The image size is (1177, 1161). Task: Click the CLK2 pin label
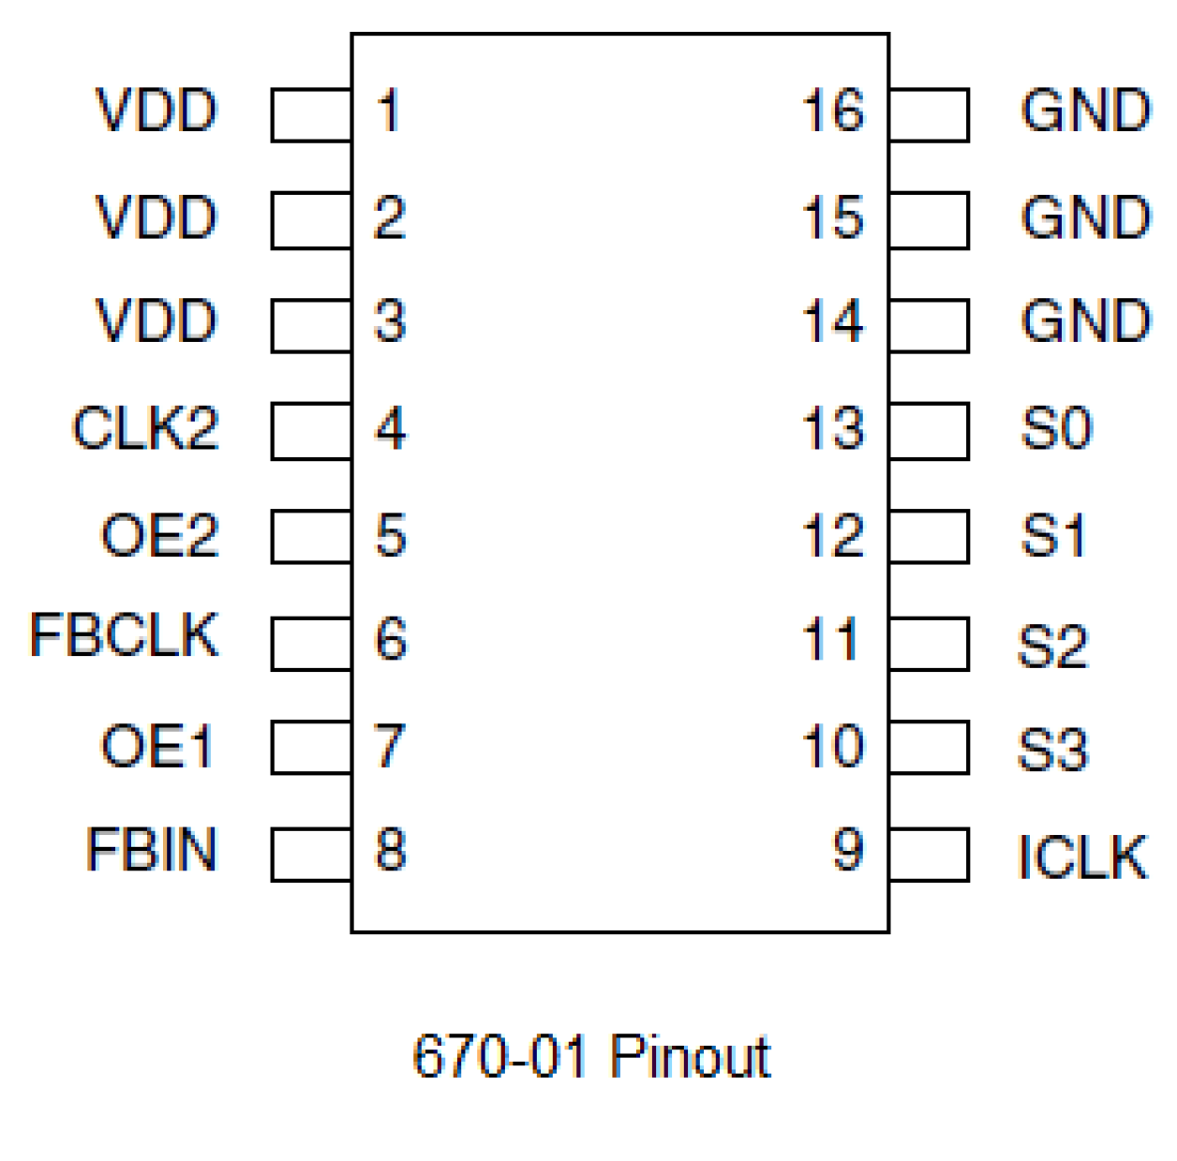[145, 429]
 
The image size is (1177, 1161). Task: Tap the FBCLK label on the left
[124, 635]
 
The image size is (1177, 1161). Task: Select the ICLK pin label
[1082, 856]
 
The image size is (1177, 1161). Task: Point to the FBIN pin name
[151, 850]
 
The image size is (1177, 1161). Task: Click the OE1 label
[157, 747]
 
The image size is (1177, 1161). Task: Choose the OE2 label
[159, 536]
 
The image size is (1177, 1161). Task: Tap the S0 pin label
[1056, 429]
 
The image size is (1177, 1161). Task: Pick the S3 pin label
[1053, 750]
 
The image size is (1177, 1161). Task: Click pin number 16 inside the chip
[832, 111]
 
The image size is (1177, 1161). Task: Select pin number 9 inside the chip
[847, 850]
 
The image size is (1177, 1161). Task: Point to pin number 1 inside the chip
[388, 111]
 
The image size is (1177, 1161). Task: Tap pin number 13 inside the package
[832, 429]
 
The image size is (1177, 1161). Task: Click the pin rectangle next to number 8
[311, 855]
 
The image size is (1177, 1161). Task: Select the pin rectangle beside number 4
[311, 431]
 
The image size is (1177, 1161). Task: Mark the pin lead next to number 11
[929, 644]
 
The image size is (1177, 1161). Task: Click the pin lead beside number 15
[929, 220]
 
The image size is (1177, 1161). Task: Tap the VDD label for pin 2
[156, 217]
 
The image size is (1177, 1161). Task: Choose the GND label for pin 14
[1085, 321]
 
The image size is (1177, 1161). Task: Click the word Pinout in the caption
[690, 1057]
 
